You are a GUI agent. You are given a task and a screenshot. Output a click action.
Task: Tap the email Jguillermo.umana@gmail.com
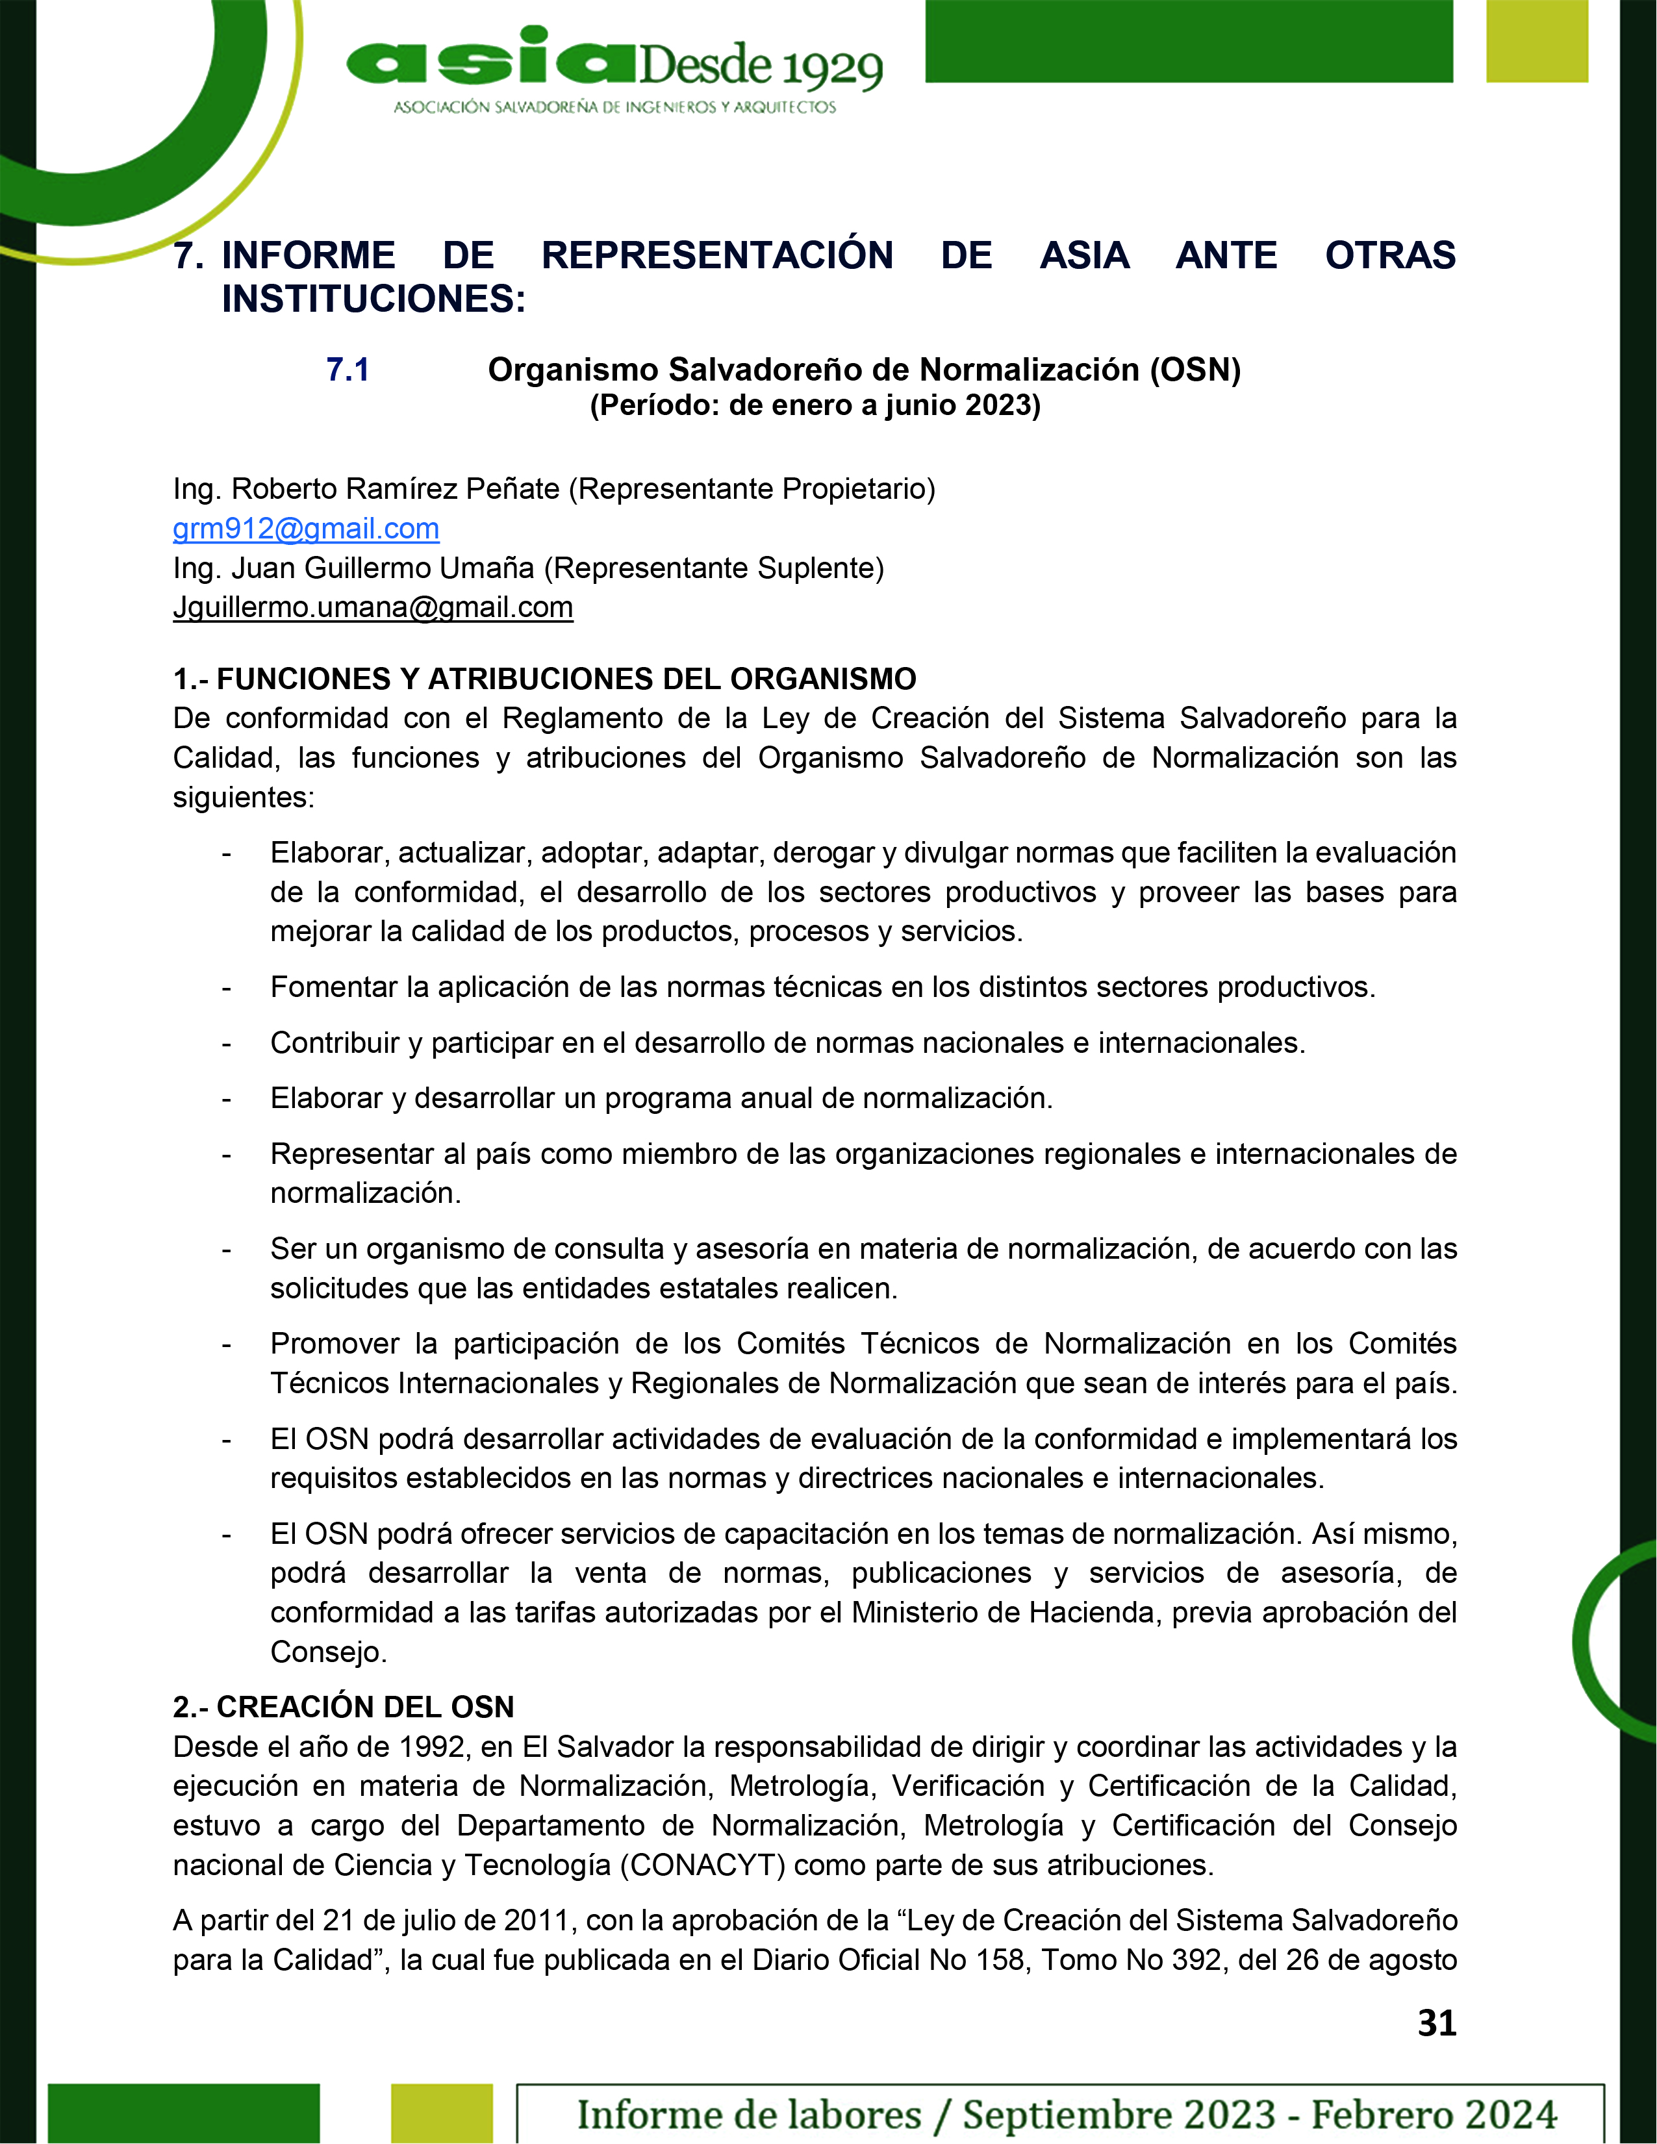click(x=373, y=608)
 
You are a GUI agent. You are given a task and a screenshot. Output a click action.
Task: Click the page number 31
click(x=1436, y=2023)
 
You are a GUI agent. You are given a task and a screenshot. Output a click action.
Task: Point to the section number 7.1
click(x=348, y=370)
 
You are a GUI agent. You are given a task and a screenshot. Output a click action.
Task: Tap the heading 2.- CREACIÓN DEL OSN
click(x=344, y=1707)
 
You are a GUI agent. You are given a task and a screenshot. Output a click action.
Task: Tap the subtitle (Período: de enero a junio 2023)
click(x=815, y=405)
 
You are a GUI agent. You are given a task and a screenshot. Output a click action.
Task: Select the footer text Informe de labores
click(x=749, y=2115)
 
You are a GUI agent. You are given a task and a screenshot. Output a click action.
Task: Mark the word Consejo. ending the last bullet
click(x=329, y=1652)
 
